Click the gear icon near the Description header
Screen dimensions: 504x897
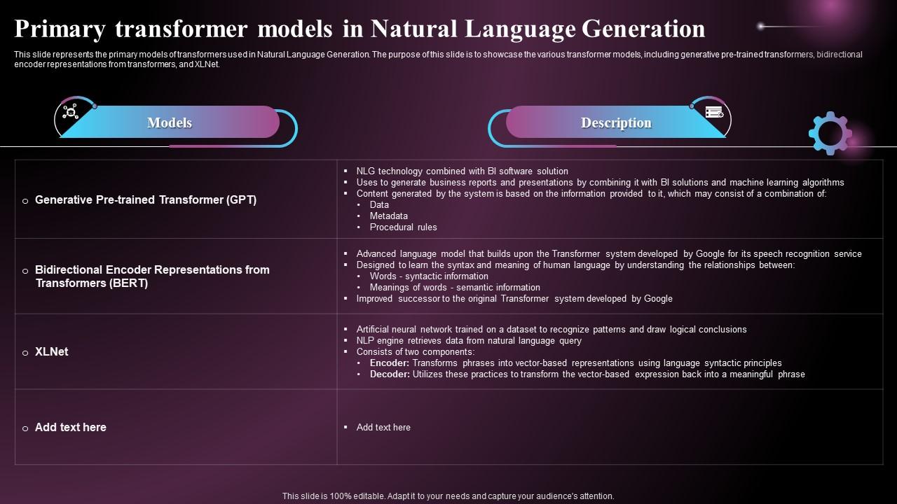tap(830, 133)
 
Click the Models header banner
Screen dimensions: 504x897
tap(170, 122)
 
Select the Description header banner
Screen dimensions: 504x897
tap(615, 122)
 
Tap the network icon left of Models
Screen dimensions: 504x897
tap(70, 112)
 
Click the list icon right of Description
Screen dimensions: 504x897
tap(714, 112)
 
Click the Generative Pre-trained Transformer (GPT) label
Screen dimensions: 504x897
tap(146, 199)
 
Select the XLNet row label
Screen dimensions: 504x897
tap(51, 351)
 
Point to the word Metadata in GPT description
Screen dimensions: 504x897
tap(388, 216)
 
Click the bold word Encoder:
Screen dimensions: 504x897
tap(389, 363)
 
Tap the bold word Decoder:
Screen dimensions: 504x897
tap(390, 374)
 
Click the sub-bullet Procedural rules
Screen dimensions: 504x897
tap(403, 227)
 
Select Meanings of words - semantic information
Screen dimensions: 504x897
tap(455, 287)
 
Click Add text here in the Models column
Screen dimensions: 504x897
tap(70, 427)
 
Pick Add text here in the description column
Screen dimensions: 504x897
tap(383, 427)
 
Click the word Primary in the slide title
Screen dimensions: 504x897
tap(59, 29)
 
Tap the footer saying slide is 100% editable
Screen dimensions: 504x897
tap(448, 496)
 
